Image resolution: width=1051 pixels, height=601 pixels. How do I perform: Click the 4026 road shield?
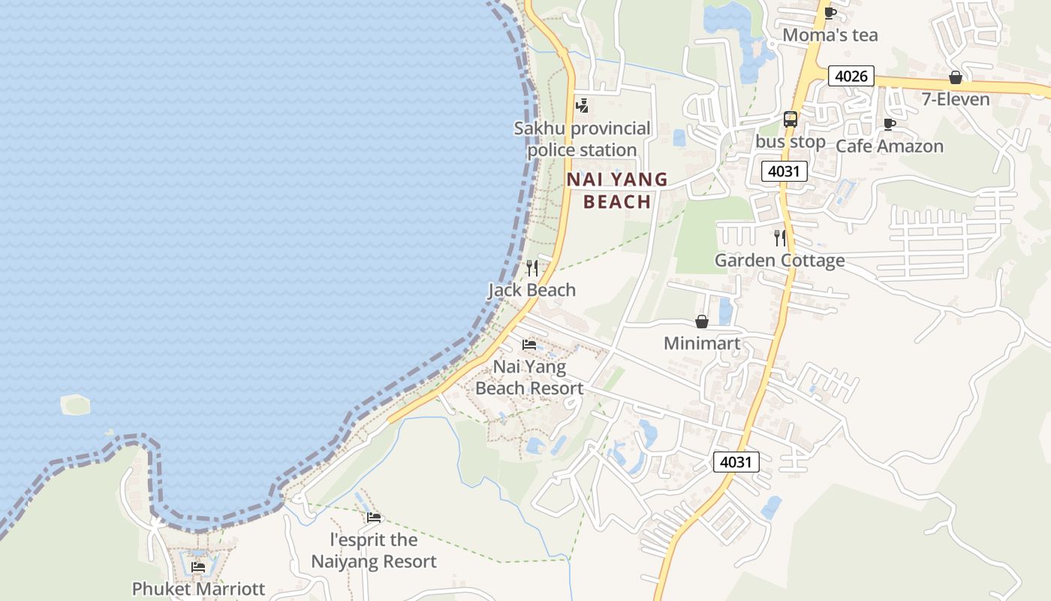click(x=851, y=76)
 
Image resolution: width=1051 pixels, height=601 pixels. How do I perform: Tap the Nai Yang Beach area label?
click(x=617, y=190)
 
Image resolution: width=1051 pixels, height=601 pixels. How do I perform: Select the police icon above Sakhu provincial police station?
click(x=582, y=106)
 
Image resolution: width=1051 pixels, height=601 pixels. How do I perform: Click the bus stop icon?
click(x=790, y=119)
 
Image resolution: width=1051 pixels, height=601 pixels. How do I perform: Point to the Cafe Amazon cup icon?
click(x=890, y=124)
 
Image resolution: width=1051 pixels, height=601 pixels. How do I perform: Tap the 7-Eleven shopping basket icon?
click(x=956, y=77)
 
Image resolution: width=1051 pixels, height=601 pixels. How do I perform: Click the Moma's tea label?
click(x=830, y=35)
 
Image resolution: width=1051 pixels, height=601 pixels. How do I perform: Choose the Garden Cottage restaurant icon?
click(x=780, y=238)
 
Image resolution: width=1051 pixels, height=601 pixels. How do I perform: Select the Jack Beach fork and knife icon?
click(x=532, y=268)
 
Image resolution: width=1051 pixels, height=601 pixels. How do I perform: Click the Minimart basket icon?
click(x=702, y=322)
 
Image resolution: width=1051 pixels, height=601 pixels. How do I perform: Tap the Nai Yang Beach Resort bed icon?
click(x=529, y=345)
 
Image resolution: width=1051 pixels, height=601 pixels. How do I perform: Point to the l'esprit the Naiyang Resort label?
click(x=374, y=551)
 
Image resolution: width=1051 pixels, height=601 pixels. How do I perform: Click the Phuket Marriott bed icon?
click(x=198, y=566)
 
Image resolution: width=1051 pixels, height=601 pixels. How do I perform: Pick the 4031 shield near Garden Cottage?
click(x=784, y=171)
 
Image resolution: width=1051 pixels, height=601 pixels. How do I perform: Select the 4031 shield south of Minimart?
click(x=736, y=462)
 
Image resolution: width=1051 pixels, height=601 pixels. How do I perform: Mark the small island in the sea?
click(x=76, y=405)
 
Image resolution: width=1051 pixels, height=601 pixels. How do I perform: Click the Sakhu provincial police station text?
click(x=582, y=139)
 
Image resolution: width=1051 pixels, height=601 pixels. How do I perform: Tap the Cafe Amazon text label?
click(x=889, y=146)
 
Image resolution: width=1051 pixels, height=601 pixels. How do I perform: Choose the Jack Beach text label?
click(x=532, y=290)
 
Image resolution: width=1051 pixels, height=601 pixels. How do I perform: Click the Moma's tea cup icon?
click(x=830, y=13)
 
